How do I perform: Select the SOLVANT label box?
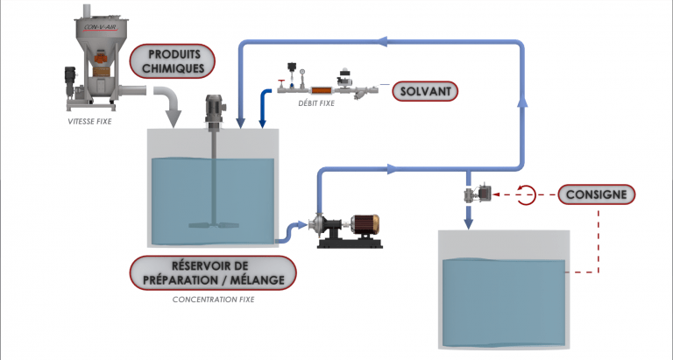[426, 90]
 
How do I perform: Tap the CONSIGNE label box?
[594, 194]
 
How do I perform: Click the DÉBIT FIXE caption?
[313, 103]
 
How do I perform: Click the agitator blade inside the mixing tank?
[214, 226]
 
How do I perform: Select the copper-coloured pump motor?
[363, 225]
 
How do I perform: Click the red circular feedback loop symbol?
[526, 194]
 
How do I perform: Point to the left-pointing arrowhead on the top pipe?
[381, 40]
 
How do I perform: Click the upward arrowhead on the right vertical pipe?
[523, 102]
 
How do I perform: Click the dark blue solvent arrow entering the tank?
[262, 109]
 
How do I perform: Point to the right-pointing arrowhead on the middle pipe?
[392, 168]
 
